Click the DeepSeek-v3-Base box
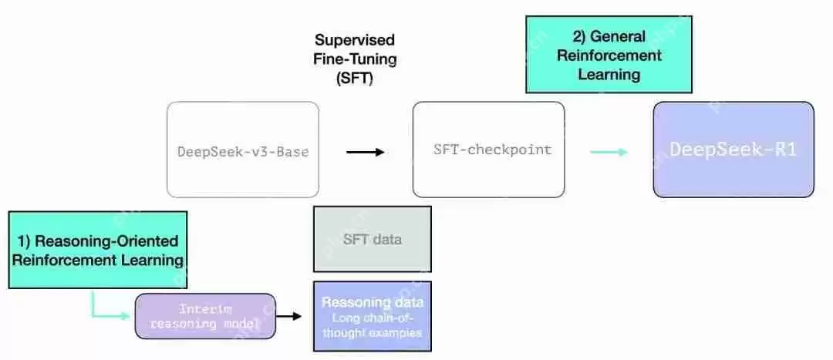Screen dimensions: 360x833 [242, 150]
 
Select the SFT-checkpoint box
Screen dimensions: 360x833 [488, 150]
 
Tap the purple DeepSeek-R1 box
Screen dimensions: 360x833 [734, 149]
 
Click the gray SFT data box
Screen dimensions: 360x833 [372, 239]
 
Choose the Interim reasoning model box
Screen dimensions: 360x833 [205, 316]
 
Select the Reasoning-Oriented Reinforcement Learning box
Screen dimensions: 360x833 [98, 250]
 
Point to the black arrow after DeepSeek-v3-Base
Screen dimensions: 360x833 [365, 152]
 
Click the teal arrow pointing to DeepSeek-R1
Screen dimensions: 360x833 [609, 152]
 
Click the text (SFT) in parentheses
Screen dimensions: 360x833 [354, 78]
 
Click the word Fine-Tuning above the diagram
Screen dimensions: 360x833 [354, 58]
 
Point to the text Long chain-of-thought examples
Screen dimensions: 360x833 [372, 325]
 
